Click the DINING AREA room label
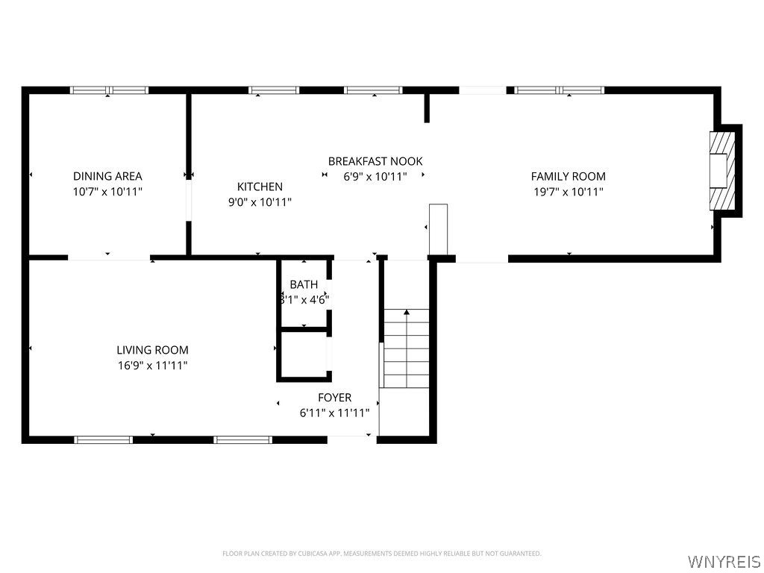point(107,176)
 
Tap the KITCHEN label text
point(260,187)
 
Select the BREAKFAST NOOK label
point(375,161)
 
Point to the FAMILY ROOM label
point(568,176)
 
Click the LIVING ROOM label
point(152,350)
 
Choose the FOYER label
point(334,398)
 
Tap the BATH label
point(304,284)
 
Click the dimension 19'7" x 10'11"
point(568,192)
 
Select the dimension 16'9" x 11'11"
point(152,366)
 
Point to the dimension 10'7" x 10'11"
point(107,192)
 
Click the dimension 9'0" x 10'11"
point(260,202)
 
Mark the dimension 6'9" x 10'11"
point(375,177)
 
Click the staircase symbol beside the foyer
point(407,348)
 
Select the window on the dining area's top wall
point(109,90)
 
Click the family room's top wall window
point(560,90)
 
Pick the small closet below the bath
point(303,355)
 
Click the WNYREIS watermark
point(724,561)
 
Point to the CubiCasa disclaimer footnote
point(381,554)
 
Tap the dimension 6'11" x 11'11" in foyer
point(334,413)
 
